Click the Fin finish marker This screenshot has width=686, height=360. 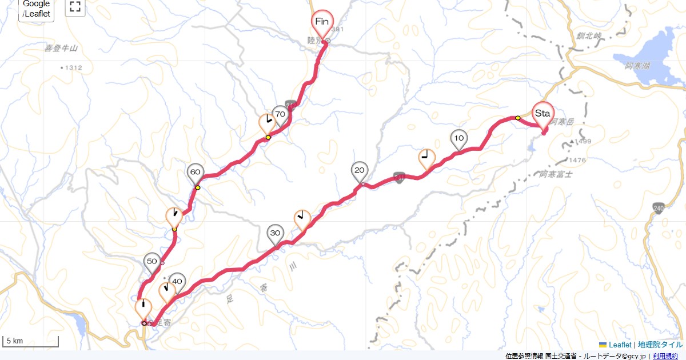click(322, 22)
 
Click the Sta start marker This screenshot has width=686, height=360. click(543, 113)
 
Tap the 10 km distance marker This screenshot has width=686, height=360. click(458, 138)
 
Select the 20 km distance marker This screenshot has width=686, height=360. click(360, 170)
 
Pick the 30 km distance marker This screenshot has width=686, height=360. click(276, 233)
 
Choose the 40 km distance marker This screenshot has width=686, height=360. click(177, 281)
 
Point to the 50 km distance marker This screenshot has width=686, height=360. click(152, 262)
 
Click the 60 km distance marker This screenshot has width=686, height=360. click(195, 172)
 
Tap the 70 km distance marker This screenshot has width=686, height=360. click(280, 114)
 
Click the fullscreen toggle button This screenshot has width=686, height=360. click(74, 7)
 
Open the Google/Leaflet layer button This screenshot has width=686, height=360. click(37, 9)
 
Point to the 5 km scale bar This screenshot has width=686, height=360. click(31, 342)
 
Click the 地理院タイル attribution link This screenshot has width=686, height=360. click(660, 345)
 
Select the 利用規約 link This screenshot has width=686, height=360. click(666, 356)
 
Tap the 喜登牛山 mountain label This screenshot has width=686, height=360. click(61, 49)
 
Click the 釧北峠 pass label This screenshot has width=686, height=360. click(589, 36)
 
